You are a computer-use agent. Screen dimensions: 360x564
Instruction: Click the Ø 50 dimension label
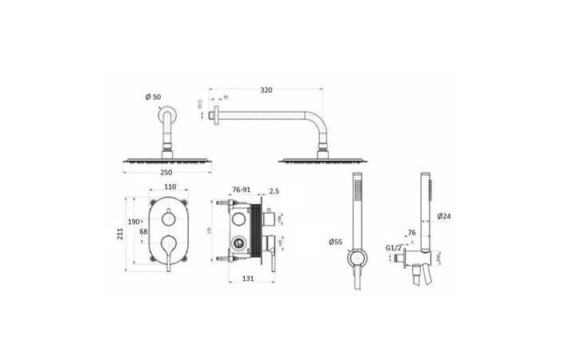pyautogui.click(x=153, y=98)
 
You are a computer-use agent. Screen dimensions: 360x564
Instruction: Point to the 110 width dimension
pyautogui.click(x=169, y=188)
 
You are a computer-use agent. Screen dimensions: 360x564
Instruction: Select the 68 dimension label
pyautogui.click(x=144, y=232)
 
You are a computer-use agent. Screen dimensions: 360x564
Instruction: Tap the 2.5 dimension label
pyautogui.click(x=274, y=190)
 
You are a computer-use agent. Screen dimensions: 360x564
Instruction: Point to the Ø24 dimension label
pyautogui.click(x=446, y=216)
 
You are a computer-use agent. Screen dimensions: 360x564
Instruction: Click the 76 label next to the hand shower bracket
pyautogui.click(x=412, y=234)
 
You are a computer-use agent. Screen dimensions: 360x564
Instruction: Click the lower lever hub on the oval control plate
pyautogui.click(x=169, y=243)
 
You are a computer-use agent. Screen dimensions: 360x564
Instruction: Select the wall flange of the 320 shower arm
pyautogui.click(x=213, y=116)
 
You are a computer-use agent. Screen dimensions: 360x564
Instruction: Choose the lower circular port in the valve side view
pyautogui.click(x=237, y=243)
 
